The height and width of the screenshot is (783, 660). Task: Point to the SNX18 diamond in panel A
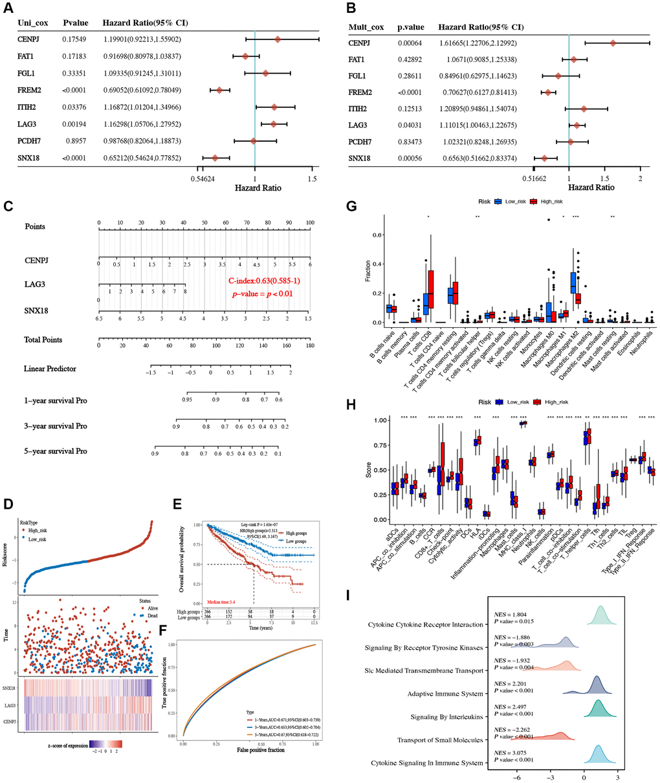pyautogui.click(x=215, y=158)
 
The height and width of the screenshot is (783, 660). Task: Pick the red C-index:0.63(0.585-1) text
pyautogui.click(x=263, y=281)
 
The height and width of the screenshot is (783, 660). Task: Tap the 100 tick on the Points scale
pyautogui.click(x=310, y=223)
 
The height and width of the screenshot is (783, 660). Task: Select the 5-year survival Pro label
pyautogui.click(x=55, y=451)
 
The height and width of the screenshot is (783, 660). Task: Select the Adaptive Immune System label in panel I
pyautogui.click(x=445, y=694)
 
